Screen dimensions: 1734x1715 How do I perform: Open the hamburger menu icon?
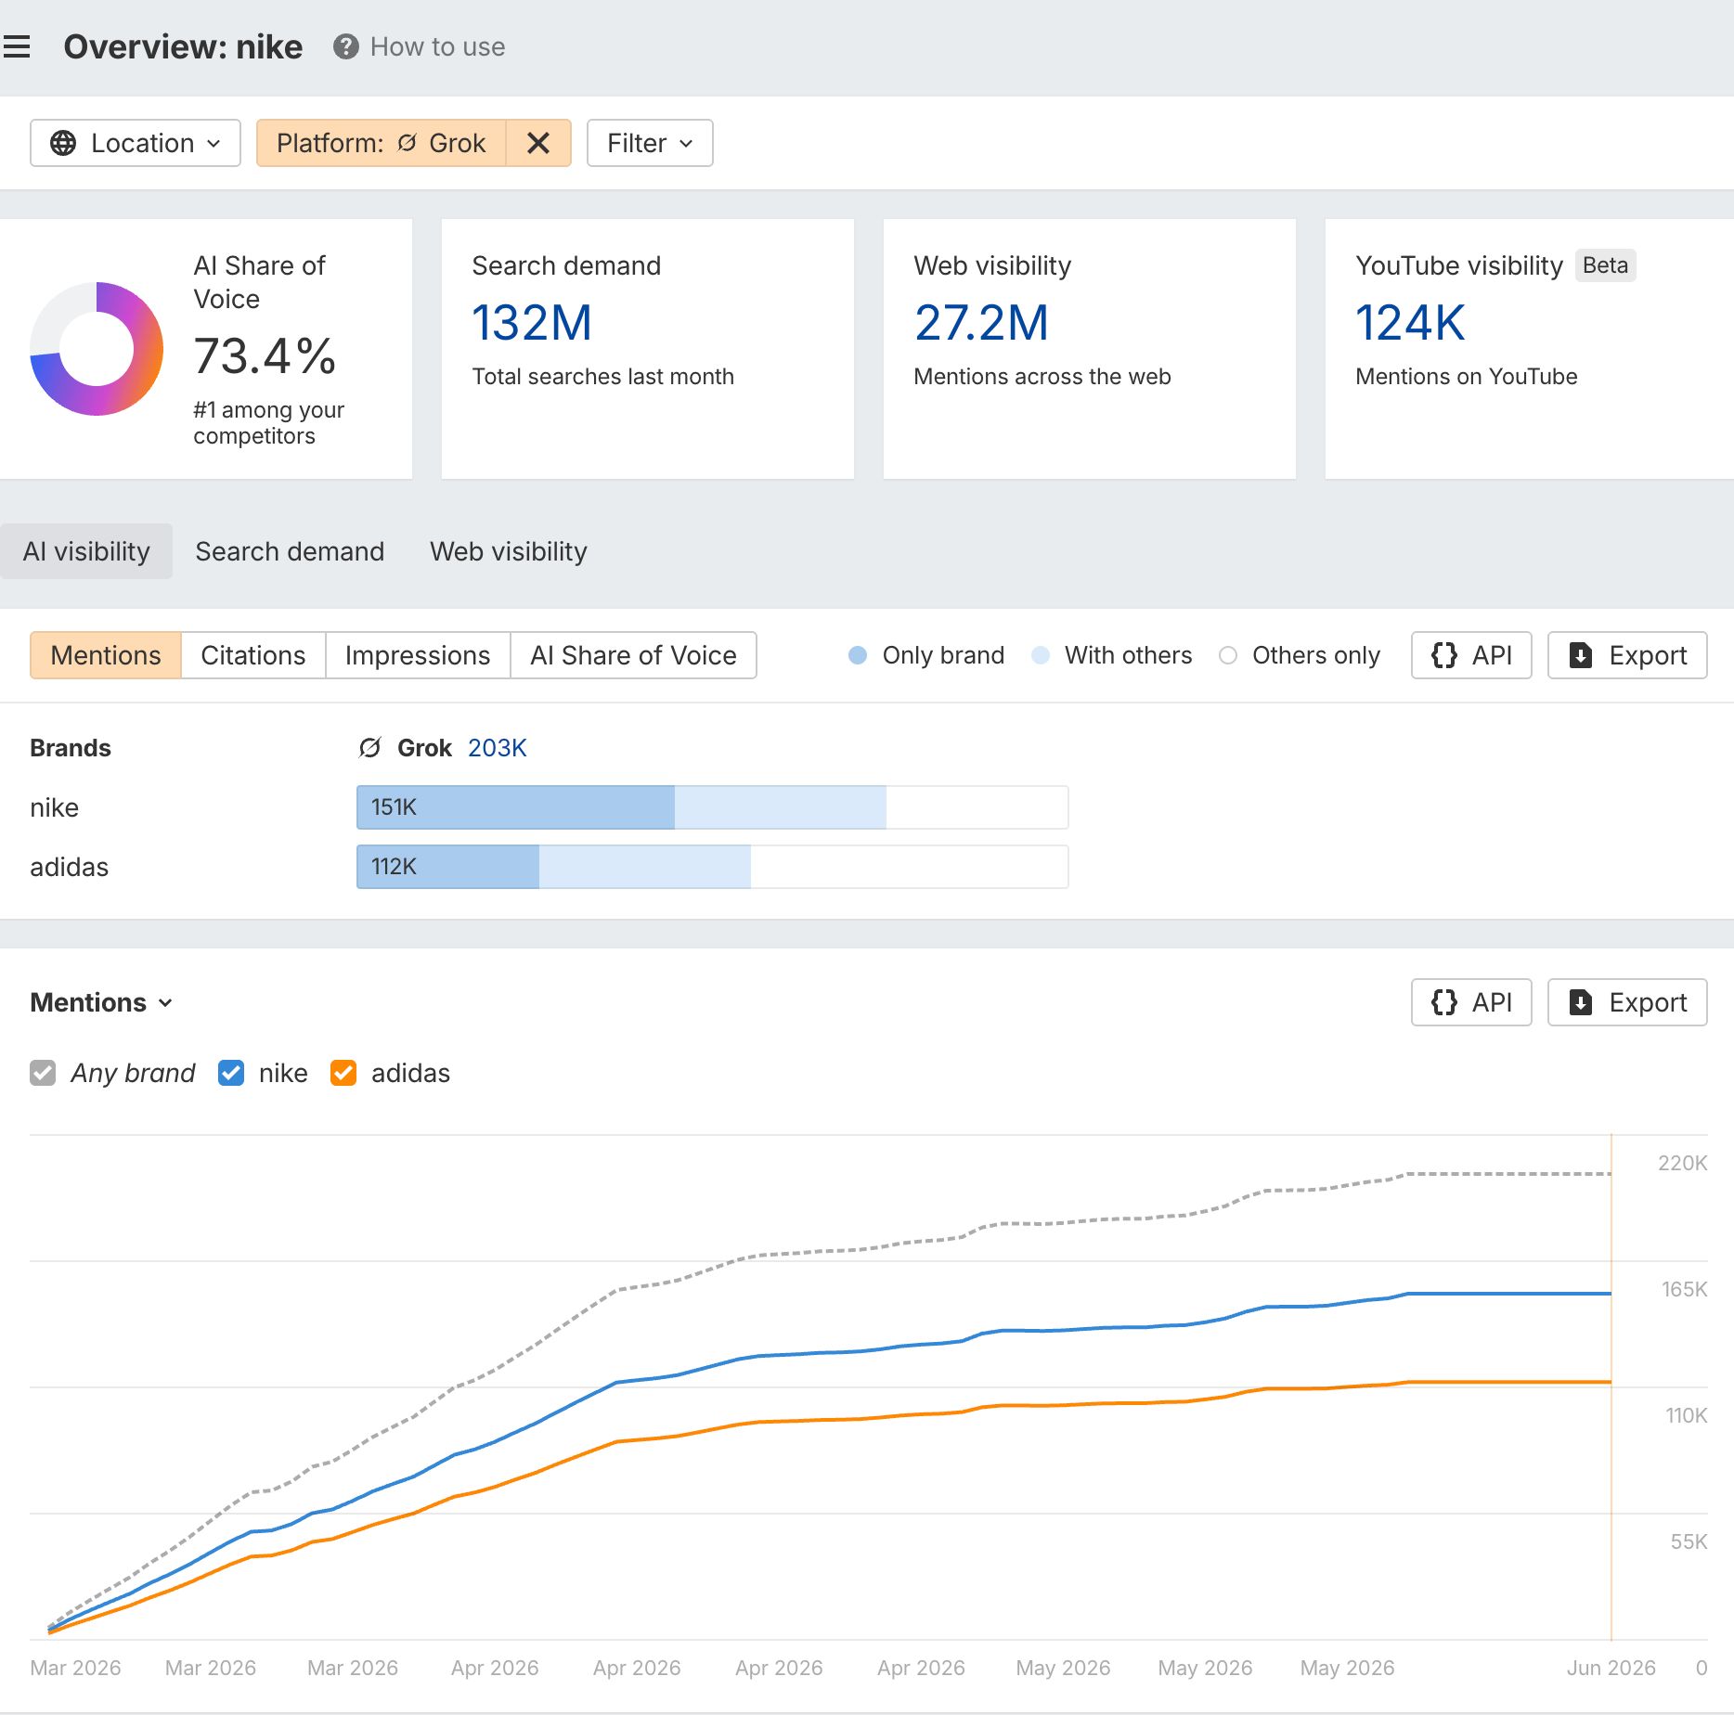click(x=17, y=46)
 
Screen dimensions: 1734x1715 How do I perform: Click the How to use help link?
click(x=420, y=46)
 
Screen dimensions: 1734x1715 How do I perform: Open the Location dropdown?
click(x=136, y=143)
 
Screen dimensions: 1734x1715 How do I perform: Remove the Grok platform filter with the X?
click(x=538, y=143)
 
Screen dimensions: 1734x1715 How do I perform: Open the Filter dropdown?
click(x=650, y=143)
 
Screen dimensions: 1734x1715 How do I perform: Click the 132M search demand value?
click(x=532, y=323)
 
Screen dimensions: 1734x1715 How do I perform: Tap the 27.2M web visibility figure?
click(x=981, y=323)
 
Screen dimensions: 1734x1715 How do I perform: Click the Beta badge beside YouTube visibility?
click(x=1605, y=265)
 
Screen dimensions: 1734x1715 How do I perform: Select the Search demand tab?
click(x=290, y=551)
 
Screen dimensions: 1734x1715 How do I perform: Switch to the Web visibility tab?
click(x=509, y=551)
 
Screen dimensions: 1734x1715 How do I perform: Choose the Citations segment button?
click(x=253, y=655)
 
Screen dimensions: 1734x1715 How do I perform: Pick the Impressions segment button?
click(x=418, y=655)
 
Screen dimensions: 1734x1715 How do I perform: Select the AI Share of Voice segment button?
click(x=633, y=655)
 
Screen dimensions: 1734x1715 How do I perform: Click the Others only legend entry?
click(x=1300, y=655)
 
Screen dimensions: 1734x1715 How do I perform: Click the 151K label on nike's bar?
click(x=394, y=807)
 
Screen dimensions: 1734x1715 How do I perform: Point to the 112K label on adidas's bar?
click(x=394, y=867)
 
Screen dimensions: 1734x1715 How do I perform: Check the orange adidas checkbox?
click(x=343, y=1073)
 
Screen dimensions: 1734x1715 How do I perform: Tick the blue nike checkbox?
click(x=231, y=1073)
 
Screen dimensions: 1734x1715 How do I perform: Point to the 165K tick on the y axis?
click(x=1684, y=1289)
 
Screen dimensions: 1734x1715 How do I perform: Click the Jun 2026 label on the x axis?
click(x=1611, y=1668)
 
